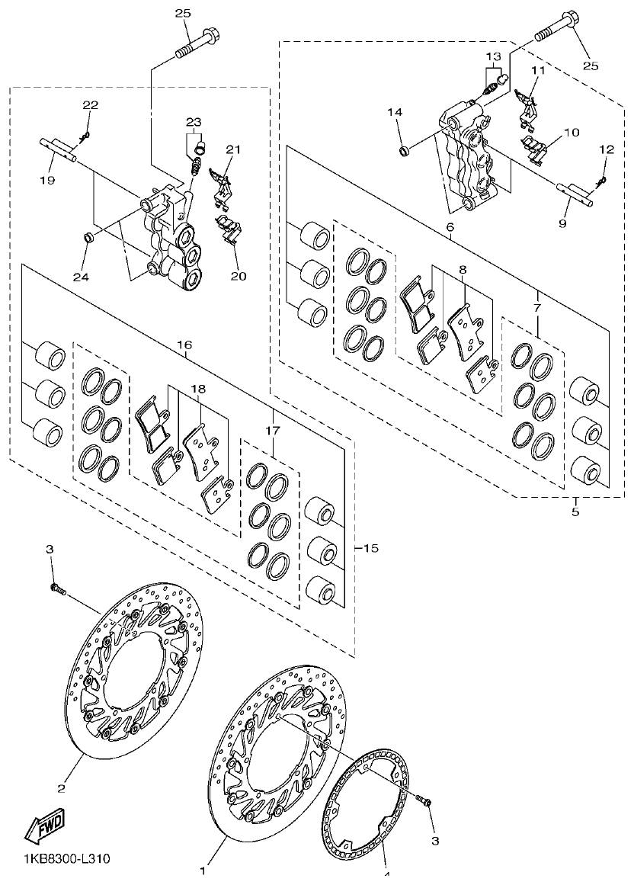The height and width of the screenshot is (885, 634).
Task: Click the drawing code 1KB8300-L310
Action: pos(56,859)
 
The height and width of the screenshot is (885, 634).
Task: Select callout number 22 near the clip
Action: pos(91,104)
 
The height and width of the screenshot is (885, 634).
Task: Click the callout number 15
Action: pos(371,548)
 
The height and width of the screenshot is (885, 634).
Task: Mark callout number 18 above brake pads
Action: pos(198,389)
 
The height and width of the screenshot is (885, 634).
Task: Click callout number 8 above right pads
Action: pos(462,270)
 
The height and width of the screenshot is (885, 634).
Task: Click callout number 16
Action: pos(184,345)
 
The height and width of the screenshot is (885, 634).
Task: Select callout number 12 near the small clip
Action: pos(607,150)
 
